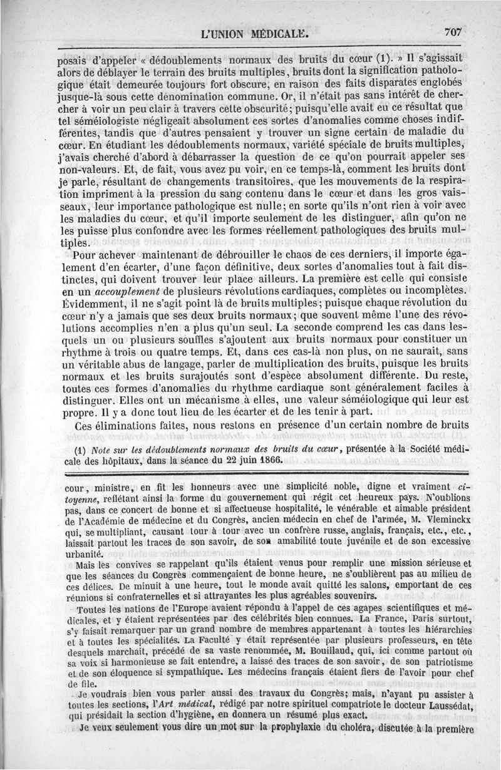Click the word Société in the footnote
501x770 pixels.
pyautogui.click(x=418, y=449)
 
